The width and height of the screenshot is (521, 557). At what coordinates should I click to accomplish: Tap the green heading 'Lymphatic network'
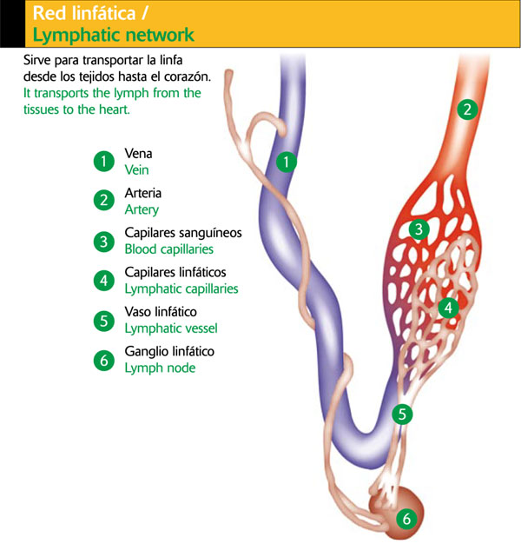click(x=113, y=36)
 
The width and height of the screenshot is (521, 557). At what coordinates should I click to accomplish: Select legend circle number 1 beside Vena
click(x=104, y=161)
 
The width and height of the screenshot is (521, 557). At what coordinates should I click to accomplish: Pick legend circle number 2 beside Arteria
click(x=104, y=201)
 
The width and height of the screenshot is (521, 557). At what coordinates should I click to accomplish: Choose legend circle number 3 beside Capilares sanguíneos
click(x=104, y=241)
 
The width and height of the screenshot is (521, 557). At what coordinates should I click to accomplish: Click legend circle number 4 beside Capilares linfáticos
click(x=104, y=281)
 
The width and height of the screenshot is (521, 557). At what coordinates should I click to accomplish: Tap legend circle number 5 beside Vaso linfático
click(x=104, y=321)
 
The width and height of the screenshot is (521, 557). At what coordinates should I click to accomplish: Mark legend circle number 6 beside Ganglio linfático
click(x=104, y=360)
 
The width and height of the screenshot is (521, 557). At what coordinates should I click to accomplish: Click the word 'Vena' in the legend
click(x=139, y=154)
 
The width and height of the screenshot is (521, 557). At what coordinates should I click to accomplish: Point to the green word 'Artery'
click(x=142, y=209)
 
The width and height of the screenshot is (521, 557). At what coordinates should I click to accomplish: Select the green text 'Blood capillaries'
click(x=169, y=249)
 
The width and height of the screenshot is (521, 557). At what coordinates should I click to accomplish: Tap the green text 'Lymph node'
click(x=161, y=368)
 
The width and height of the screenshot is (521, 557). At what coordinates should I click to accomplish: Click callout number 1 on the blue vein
click(x=286, y=161)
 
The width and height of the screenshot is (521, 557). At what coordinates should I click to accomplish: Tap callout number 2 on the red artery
click(x=468, y=109)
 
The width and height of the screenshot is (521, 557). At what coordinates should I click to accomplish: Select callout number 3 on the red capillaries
click(x=419, y=230)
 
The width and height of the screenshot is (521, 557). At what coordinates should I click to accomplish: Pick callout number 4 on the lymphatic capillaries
click(x=448, y=307)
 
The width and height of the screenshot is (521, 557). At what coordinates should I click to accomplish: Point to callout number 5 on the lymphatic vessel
click(x=401, y=414)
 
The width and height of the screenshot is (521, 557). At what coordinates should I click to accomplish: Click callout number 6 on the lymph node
click(x=406, y=520)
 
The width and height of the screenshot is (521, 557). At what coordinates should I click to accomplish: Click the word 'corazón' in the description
click(x=186, y=76)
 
